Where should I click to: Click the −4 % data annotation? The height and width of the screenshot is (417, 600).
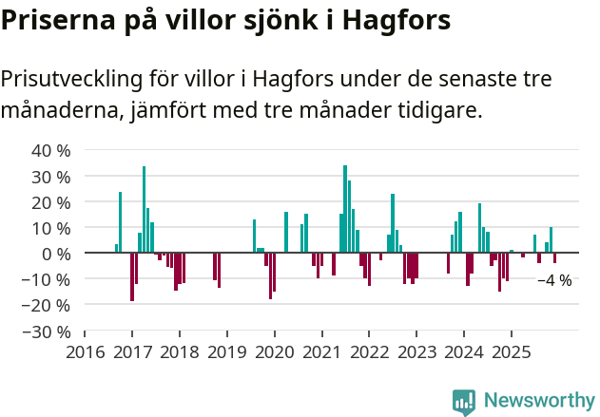coord(554,280)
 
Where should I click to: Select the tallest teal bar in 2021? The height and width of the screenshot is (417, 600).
coord(345,209)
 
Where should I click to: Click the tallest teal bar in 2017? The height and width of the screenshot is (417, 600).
coord(144,209)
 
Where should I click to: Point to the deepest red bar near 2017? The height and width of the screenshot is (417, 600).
coord(132,276)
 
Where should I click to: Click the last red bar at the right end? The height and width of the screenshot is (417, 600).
coord(554,257)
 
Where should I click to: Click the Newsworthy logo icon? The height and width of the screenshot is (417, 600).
coord(464,402)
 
